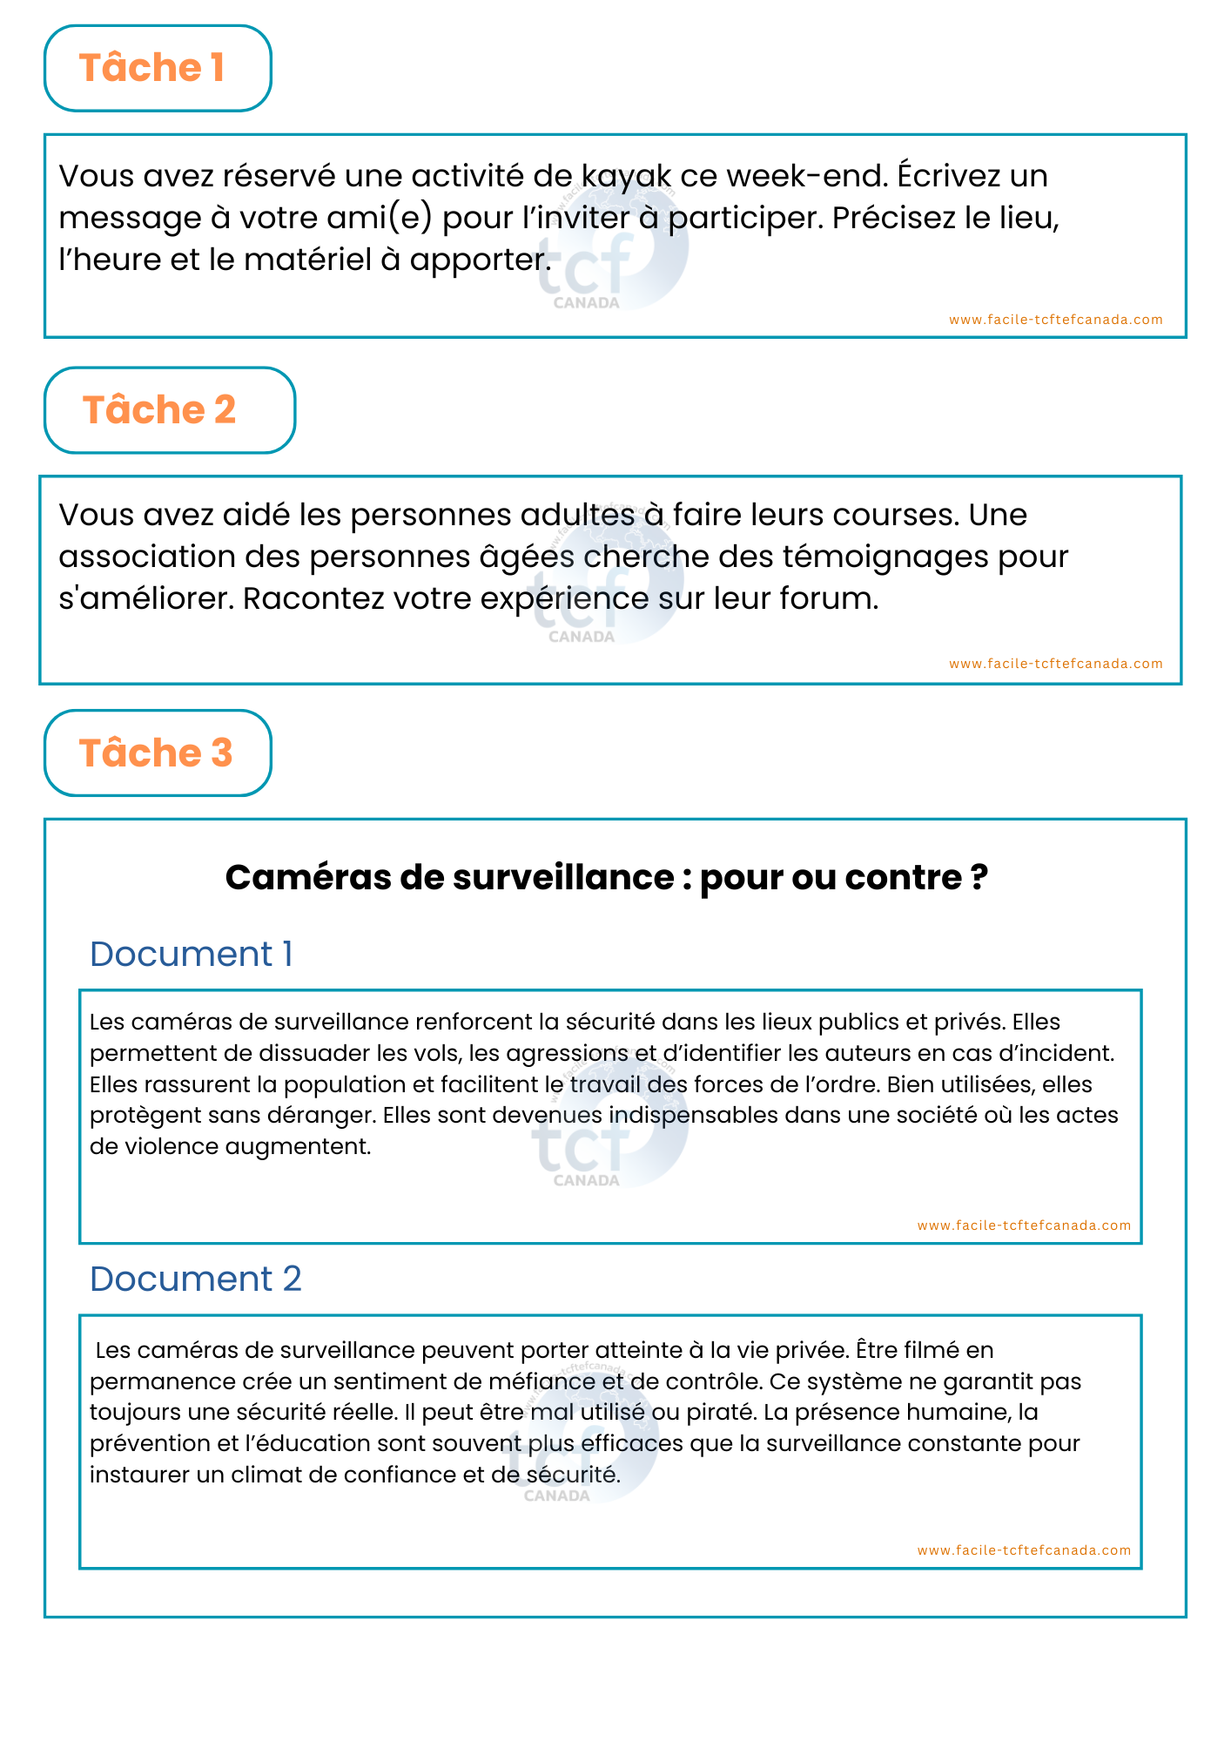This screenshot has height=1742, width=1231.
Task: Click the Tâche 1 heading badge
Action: point(158,68)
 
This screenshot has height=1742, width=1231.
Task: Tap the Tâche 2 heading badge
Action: point(169,410)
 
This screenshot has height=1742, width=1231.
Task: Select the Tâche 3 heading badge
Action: point(158,753)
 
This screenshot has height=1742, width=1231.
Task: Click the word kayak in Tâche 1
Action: point(626,177)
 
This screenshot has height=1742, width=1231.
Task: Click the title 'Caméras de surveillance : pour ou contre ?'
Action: point(606,877)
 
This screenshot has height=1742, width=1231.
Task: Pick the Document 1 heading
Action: point(191,954)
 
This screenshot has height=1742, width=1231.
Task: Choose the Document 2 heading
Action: point(195,1279)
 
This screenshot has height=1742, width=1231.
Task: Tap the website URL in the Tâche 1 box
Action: point(1055,320)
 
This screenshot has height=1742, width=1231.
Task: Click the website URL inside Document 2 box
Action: point(1024,1550)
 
